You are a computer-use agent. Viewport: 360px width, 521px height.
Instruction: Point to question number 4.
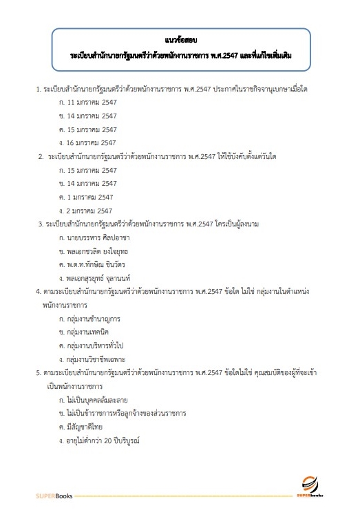point(38,291)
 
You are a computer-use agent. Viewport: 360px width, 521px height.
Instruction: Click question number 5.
point(38,372)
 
